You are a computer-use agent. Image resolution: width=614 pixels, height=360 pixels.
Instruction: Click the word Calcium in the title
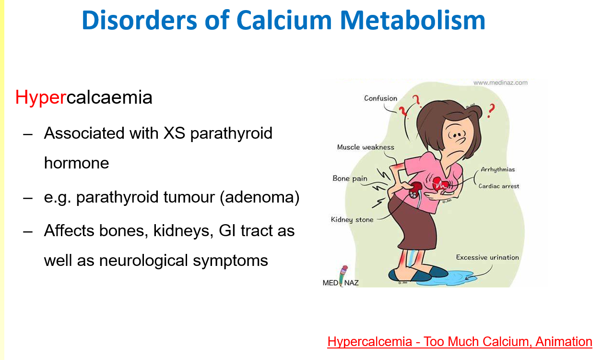[x=284, y=20]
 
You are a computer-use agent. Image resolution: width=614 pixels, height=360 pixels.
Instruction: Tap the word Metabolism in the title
[x=413, y=20]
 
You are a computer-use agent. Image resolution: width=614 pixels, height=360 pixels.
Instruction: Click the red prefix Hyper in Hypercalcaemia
[x=41, y=98]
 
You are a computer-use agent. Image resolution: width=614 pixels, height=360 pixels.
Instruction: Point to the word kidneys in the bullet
[x=183, y=231]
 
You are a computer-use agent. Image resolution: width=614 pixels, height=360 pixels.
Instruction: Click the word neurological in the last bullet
[x=143, y=261]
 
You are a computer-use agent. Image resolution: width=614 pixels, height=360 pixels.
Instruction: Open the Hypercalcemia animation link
[x=460, y=342]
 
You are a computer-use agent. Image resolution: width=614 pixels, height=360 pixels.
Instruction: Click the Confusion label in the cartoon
[x=380, y=98]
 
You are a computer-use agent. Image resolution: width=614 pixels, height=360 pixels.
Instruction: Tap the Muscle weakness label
[x=366, y=147]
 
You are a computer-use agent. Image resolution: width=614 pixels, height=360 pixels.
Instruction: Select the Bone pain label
[x=350, y=179]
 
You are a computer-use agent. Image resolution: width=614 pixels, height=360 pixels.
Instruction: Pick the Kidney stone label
[x=352, y=219]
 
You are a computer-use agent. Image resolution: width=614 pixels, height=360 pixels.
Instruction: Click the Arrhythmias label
[x=498, y=169]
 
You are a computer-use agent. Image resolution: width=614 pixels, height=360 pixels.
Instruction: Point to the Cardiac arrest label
[x=498, y=186]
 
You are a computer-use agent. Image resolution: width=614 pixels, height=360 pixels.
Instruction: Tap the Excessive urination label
[x=487, y=257]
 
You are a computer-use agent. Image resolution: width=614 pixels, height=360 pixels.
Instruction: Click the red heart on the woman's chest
[x=440, y=183]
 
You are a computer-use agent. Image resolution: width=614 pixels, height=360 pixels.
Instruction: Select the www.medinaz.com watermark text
[x=500, y=83]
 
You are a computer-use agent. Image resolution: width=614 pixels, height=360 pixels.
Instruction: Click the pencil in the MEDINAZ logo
[x=342, y=276]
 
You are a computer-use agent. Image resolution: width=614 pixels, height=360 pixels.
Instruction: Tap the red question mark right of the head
[x=491, y=110]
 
